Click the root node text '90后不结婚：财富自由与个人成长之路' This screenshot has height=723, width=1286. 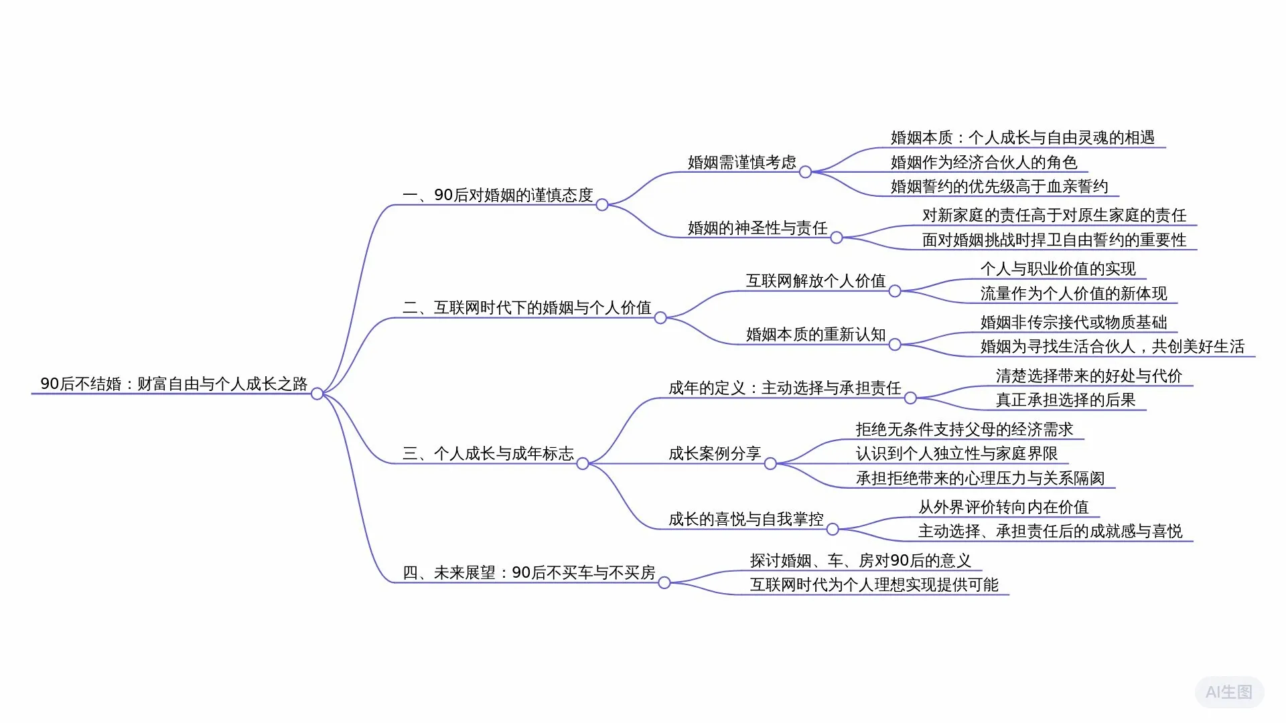[173, 384]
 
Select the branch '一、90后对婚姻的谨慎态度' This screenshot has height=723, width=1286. [498, 195]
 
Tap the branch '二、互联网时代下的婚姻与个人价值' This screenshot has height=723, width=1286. [526, 307]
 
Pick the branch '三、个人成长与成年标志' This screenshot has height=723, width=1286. [488, 453]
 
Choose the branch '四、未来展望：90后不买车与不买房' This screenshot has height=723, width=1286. [528, 572]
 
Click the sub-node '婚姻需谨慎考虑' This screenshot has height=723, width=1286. [741, 162]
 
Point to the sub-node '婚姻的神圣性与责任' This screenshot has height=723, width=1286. [758, 228]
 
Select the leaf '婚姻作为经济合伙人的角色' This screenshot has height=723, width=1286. [983, 162]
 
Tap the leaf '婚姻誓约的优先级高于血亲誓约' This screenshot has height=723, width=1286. [999, 186]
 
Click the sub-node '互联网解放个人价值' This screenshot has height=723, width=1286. [816, 280]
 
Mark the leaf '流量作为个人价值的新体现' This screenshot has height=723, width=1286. [1074, 293]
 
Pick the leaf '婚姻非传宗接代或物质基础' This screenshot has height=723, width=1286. [1074, 322]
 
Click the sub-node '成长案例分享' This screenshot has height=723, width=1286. [715, 453]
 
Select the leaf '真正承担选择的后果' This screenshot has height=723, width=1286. [1066, 400]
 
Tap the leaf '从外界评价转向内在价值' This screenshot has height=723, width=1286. [1003, 507]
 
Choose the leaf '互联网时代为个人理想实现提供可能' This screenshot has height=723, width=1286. [874, 584]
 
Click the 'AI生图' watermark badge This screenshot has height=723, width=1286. [1229, 692]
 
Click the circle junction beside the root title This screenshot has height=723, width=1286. [317, 394]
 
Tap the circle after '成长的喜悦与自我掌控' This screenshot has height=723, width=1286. [833, 530]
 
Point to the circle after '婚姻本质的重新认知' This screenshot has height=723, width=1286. [895, 345]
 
